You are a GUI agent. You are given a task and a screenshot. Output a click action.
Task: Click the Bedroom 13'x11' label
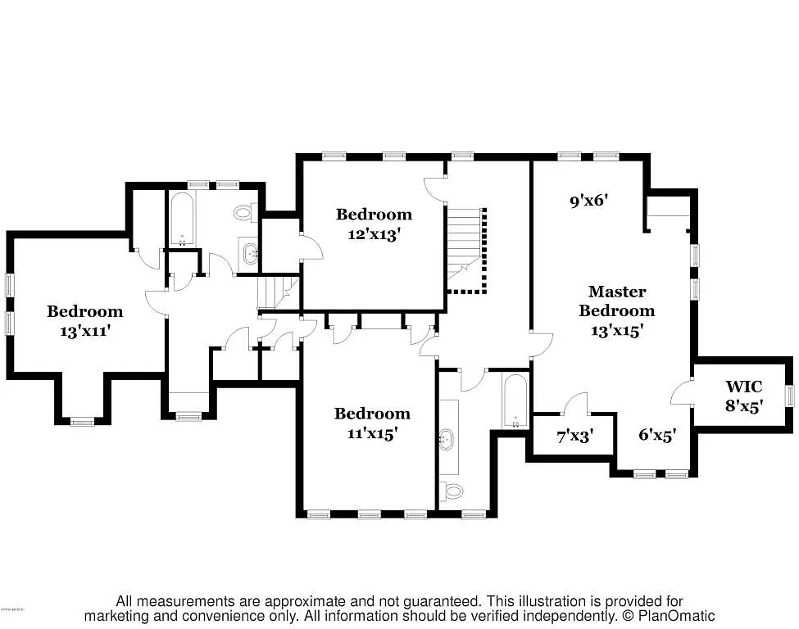coord(84,321)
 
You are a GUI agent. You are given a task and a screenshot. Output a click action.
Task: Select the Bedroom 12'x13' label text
coord(374,223)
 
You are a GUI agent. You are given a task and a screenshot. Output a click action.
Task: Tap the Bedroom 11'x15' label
coord(372,423)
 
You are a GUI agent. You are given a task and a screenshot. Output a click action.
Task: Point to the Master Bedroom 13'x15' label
coord(616,310)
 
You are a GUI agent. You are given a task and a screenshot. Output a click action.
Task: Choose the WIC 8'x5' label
coord(743,396)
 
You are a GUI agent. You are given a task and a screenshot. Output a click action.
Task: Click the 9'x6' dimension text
coord(590,199)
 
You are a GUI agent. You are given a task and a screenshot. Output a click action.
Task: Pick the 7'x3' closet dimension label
coord(575,437)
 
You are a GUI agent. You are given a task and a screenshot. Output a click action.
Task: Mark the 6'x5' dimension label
coord(656,437)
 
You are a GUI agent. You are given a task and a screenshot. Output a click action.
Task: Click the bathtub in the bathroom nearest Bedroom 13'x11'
coord(181,219)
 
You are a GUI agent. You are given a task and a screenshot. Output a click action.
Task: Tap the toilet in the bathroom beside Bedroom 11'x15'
coord(452,491)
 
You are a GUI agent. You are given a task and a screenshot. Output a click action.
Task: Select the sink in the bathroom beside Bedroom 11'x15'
coord(447,440)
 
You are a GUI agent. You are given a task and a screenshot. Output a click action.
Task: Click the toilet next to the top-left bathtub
coord(243,213)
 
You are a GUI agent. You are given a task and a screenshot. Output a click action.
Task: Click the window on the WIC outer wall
coord(790,396)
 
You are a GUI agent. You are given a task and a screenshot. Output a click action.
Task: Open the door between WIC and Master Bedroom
coord(683,393)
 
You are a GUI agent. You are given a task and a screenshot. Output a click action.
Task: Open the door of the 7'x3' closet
coord(577,403)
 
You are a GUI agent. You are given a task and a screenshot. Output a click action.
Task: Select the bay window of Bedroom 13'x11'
coord(82,422)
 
